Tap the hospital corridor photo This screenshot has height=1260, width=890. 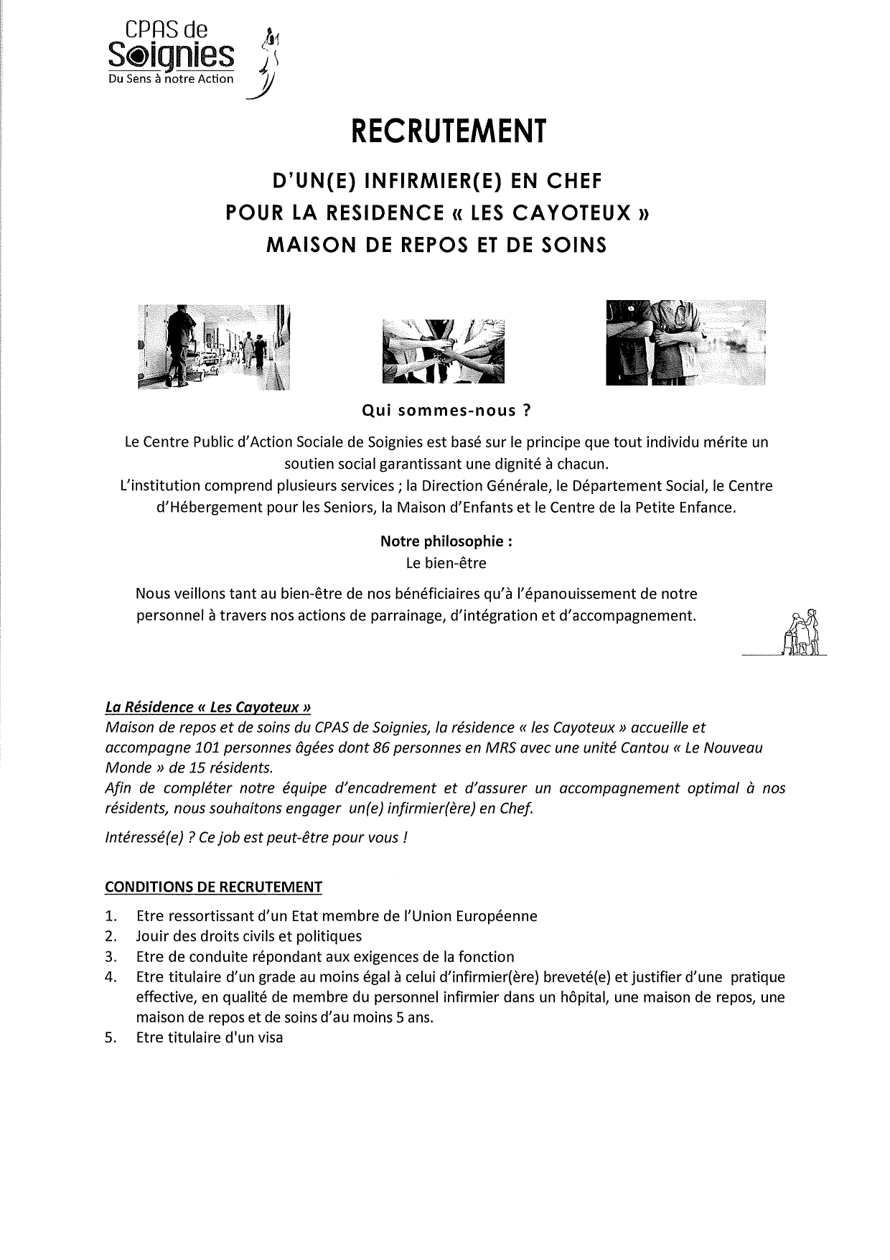pos(213,347)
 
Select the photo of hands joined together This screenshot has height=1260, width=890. pos(444,350)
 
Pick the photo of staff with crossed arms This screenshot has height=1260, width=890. pos(685,342)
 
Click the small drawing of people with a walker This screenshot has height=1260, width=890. pos(803,633)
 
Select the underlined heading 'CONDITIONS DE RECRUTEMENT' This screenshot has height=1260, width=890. pos(213,887)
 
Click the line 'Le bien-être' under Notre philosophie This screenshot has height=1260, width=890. pos(446,564)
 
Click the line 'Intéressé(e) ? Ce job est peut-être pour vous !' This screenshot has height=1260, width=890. pos(256,838)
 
